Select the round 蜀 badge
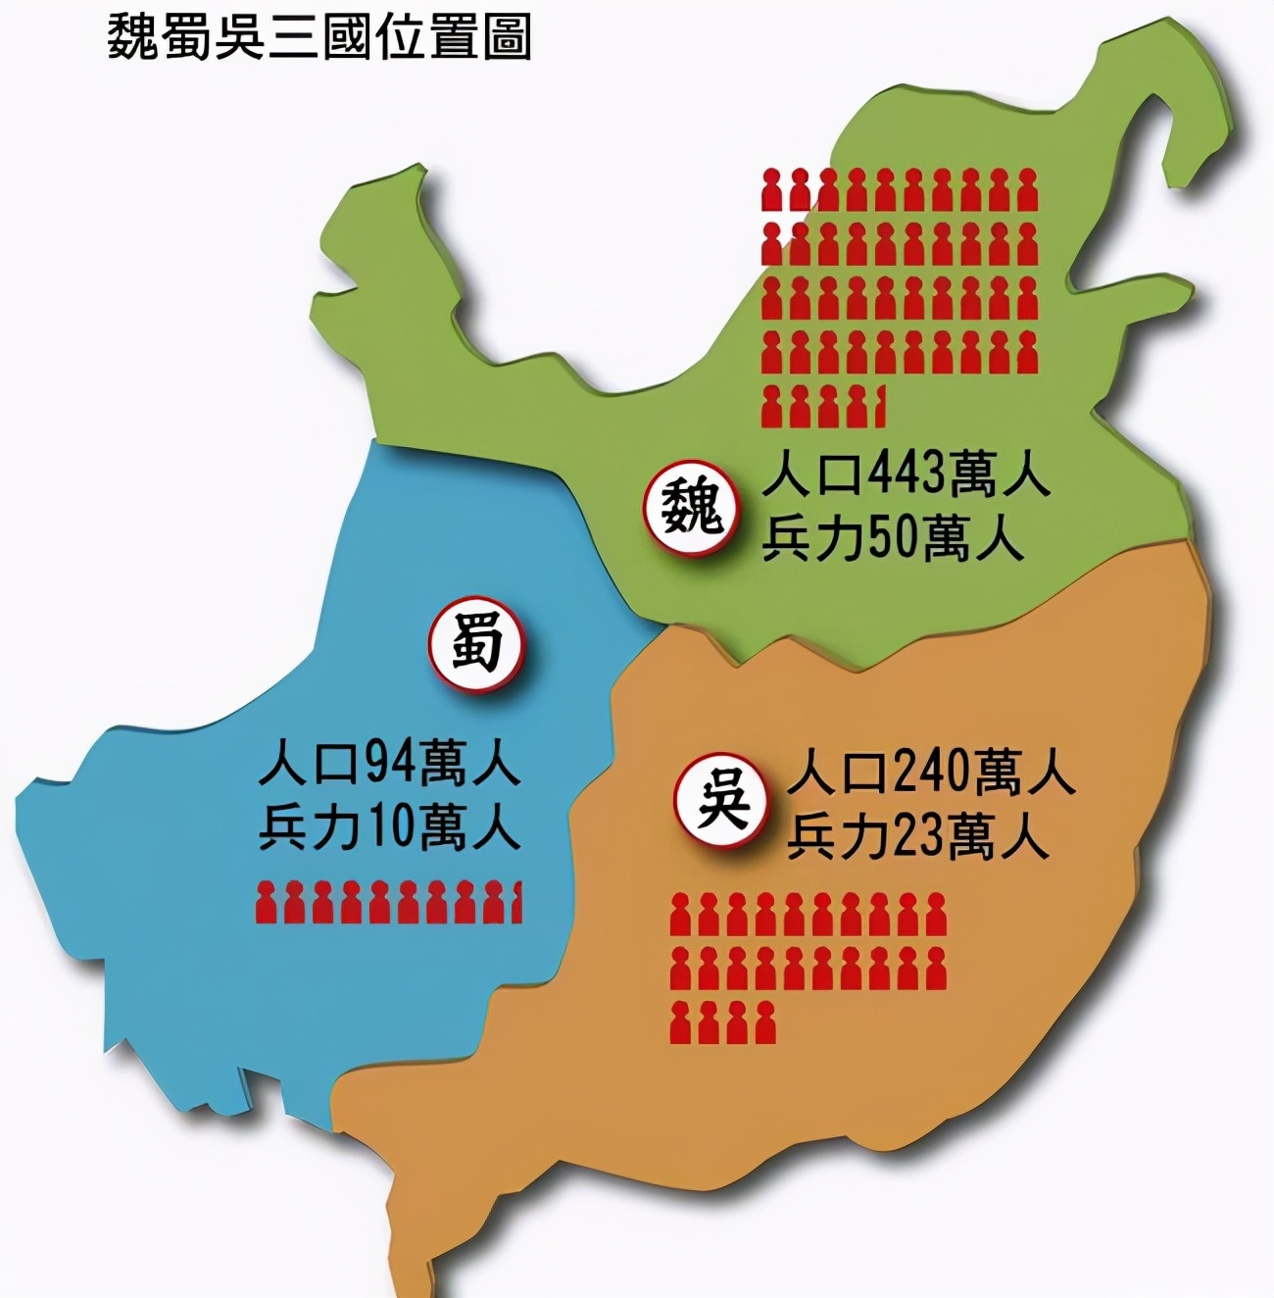point(477,643)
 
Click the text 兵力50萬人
point(893,539)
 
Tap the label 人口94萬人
point(389,765)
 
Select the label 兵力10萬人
point(389,828)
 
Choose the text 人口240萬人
point(932,772)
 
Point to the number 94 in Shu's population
point(392,765)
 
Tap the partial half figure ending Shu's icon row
point(516,903)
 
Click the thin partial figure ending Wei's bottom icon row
point(881,405)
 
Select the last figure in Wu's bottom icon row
point(765,1023)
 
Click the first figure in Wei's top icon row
point(773,190)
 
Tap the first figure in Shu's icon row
point(266,903)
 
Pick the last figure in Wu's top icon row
point(936,915)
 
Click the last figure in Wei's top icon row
point(1026,190)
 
